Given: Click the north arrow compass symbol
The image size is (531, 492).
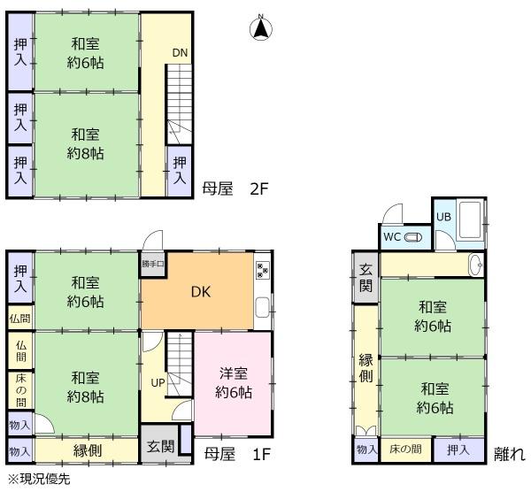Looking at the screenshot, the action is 261,27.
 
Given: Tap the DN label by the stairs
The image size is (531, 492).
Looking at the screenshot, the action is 180,53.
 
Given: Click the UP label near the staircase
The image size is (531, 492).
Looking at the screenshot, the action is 158,382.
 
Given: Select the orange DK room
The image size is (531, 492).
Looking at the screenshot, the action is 197,291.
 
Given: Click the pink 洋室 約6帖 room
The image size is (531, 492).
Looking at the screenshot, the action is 233,383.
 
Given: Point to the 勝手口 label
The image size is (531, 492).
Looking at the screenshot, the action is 153,264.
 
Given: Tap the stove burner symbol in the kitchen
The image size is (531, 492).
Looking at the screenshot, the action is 263,270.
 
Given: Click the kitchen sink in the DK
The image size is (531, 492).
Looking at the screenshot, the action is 263,307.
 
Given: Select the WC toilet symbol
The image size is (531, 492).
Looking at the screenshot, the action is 413,237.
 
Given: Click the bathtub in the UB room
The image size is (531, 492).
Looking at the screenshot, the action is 470,220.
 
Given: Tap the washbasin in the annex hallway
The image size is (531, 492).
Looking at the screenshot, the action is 476,265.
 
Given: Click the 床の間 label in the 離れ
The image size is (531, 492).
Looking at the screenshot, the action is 405,450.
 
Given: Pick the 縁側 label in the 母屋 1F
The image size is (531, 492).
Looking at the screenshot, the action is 88,450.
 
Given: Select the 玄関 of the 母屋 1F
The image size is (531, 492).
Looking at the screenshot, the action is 161,447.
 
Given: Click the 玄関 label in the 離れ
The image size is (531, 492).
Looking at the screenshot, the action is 366,278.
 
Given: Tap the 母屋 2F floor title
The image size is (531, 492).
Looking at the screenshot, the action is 235,189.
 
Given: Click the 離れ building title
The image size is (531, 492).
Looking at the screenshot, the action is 510,454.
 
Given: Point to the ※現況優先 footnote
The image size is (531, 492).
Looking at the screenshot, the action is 39,479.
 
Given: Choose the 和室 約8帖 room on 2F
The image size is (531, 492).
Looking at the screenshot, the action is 87,144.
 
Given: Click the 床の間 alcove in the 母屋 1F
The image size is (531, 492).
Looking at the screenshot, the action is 20,390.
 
